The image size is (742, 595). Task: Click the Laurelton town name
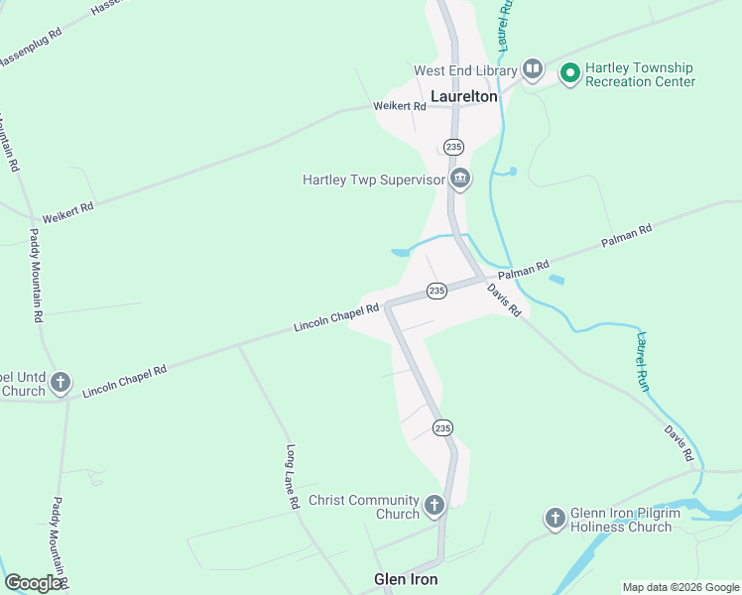click(464, 96)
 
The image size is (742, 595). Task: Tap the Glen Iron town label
click(405, 579)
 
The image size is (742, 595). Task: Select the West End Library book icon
click(533, 69)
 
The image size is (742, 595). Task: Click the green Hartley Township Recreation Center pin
click(569, 72)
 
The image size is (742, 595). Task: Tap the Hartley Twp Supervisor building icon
click(459, 179)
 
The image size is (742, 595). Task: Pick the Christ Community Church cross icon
click(433, 506)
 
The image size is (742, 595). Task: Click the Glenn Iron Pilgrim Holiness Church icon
click(555, 519)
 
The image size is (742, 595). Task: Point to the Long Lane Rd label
click(293, 476)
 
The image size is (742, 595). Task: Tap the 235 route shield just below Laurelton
click(453, 146)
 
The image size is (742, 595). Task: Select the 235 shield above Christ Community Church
click(442, 427)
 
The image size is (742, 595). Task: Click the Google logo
click(34, 582)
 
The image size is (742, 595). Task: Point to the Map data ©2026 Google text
click(680, 587)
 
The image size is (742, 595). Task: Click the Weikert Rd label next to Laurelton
click(399, 105)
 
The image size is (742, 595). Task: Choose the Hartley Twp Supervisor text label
click(374, 179)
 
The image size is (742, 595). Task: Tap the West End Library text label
click(465, 70)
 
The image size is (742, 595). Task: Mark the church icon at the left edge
click(61, 382)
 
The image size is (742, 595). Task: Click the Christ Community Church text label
click(364, 507)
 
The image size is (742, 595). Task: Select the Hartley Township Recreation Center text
click(640, 74)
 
